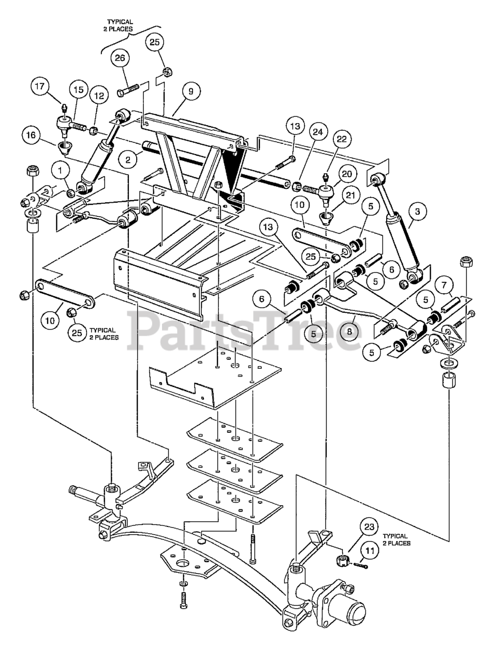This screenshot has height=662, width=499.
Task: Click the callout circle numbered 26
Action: click(x=120, y=59)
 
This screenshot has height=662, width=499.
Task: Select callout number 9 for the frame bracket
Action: click(x=191, y=92)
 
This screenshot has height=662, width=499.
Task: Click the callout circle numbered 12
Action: click(x=98, y=96)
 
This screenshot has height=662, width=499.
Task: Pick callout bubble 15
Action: click(x=78, y=89)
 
